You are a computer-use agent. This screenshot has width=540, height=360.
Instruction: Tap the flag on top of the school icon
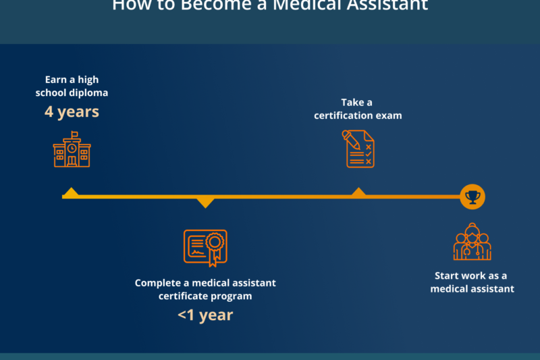tap(74, 134)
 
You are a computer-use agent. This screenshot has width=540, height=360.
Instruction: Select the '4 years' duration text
tap(72, 111)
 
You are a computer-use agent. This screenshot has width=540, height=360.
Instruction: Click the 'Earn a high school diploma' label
tap(72, 86)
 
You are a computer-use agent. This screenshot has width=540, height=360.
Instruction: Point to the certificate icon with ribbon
tap(205, 247)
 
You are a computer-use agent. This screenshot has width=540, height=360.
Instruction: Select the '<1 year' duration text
tap(205, 315)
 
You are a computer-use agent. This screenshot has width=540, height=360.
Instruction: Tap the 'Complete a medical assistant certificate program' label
tap(205, 289)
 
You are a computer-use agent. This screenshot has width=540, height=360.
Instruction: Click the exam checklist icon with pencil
tap(358, 149)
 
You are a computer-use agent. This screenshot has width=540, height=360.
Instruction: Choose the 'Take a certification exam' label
tap(358, 109)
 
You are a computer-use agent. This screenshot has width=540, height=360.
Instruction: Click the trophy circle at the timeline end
tap(473, 197)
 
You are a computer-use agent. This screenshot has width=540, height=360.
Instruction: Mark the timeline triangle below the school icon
tap(71, 192)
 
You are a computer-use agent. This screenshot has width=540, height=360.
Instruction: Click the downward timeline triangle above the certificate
tap(205, 202)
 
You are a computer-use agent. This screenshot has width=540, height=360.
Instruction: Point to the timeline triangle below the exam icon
tap(358, 192)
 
